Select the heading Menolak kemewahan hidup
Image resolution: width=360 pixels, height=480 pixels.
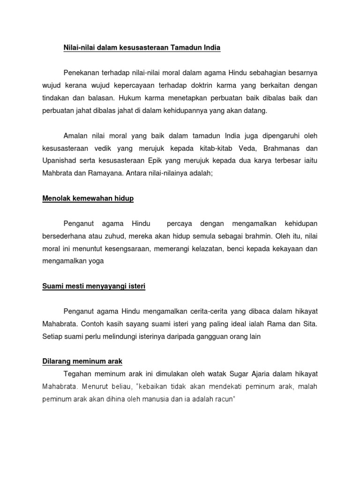click(88, 198)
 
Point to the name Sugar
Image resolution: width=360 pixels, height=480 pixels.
click(239, 373)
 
